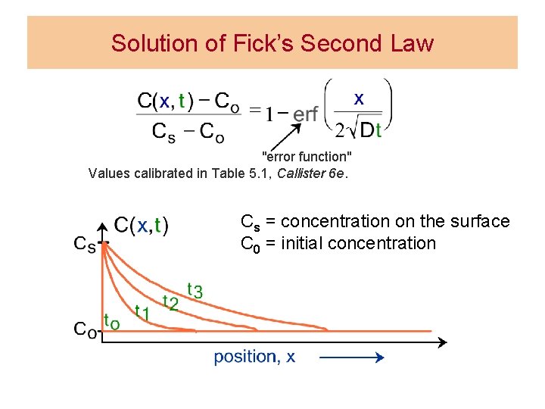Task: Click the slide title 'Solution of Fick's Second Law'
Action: (x=272, y=43)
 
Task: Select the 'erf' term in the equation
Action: (x=305, y=114)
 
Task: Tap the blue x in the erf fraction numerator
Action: (x=359, y=98)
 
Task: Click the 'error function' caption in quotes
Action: (x=307, y=157)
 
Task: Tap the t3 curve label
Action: (x=195, y=290)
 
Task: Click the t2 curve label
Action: (x=171, y=303)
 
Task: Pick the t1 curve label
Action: (x=142, y=311)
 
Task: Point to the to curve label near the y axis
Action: (x=111, y=321)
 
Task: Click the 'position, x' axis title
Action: (x=254, y=357)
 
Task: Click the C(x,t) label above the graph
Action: (x=142, y=225)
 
